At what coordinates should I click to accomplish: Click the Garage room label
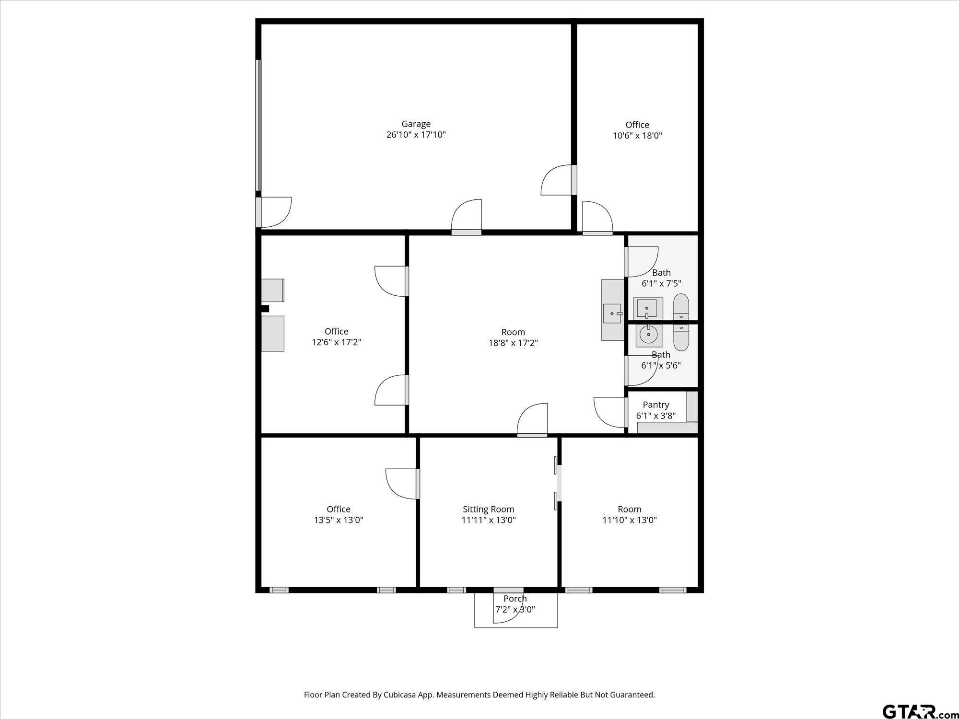pyautogui.click(x=416, y=124)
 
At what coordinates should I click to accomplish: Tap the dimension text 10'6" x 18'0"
pyautogui.click(x=637, y=136)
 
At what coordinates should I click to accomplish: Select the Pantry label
pyautogui.click(x=655, y=405)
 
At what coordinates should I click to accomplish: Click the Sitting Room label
pyautogui.click(x=488, y=509)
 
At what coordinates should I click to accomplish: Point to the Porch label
pyautogui.click(x=515, y=599)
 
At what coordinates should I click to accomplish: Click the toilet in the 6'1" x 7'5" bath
pyautogui.click(x=681, y=307)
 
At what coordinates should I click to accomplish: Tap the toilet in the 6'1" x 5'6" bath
pyautogui.click(x=681, y=337)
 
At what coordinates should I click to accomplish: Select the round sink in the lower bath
pyautogui.click(x=648, y=335)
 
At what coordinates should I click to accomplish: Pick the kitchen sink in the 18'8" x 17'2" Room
pyautogui.click(x=612, y=313)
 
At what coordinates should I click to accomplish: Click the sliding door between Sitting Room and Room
pyautogui.click(x=557, y=483)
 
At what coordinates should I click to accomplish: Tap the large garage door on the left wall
pyautogui.click(x=258, y=126)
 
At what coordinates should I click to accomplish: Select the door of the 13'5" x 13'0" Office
pyautogui.click(x=401, y=484)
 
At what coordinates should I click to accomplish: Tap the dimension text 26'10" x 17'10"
pyautogui.click(x=416, y=135)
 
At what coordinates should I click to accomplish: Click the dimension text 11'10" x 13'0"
pyautogui.click(x=629, y=520)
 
